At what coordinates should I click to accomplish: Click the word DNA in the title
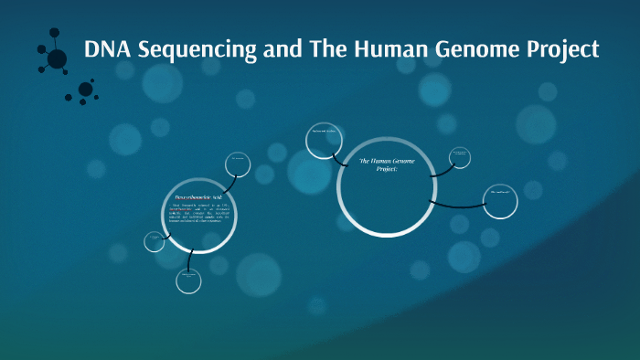107,49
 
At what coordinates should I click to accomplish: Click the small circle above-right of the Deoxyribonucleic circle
238,164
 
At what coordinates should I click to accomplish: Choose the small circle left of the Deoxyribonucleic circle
155,241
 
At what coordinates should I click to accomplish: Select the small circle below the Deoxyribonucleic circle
188,281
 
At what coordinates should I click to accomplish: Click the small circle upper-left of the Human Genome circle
320,139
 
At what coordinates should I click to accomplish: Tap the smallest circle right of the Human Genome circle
460,157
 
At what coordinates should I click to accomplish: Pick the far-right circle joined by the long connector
501,201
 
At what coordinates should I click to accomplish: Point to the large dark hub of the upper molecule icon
57,59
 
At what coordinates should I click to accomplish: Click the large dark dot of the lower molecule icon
85,89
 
